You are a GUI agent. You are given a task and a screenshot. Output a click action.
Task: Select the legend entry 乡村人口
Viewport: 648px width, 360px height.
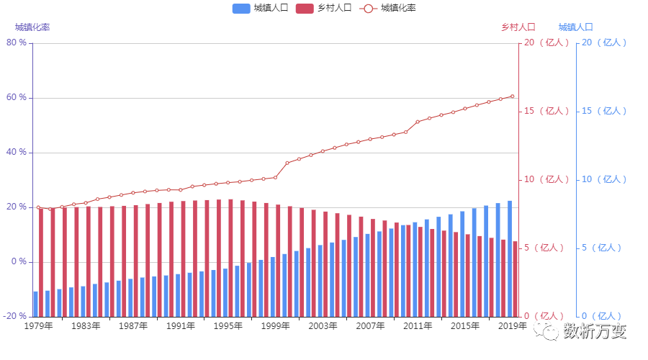pyautogui.click(x=323, y=8)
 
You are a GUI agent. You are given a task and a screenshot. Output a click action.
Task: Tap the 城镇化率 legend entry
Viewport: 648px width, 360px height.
pyautogui.click(x=388, y=8)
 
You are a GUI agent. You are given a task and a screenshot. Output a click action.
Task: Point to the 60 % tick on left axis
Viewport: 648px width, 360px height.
pyautogui.click(x=17, y=97)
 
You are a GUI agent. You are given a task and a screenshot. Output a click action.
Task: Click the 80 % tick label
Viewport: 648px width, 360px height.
pyautogui.click(x=17, y=42)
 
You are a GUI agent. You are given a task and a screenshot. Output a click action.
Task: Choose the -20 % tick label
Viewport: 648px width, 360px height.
pyautogui.click(x=15, y=316)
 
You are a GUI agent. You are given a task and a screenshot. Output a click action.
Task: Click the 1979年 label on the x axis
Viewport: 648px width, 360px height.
pyautogui.click(x=38, y=326)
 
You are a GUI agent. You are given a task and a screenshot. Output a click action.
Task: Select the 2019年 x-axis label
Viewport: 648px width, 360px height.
pyautogui.click(x=513, y=326)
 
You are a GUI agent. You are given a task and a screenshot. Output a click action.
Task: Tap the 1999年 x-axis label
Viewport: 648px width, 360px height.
pyautogui.click(x=275, y=326)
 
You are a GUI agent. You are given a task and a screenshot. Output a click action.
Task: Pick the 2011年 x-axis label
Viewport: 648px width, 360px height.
pyautogui.click(x=418, y=326)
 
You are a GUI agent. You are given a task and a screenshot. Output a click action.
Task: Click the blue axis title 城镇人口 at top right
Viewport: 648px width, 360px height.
pyautogui.click(x=575, y=27)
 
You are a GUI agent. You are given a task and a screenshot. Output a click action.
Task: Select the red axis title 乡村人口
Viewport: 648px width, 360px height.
pyautogui.click(x=518, y=27)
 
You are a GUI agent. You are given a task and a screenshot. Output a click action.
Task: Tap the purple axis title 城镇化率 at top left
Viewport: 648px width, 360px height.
pyautogui.click(x=32, y=27)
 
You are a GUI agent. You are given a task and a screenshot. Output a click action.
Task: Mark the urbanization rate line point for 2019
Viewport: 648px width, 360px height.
pyautogui.click(x=513, y=96)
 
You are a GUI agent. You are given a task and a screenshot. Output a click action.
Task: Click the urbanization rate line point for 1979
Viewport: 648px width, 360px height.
pyautogui.click(x=38, y=207)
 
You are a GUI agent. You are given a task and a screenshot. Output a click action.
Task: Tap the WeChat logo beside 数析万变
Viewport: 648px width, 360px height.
pyautogui.click(x=545, y=330)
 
